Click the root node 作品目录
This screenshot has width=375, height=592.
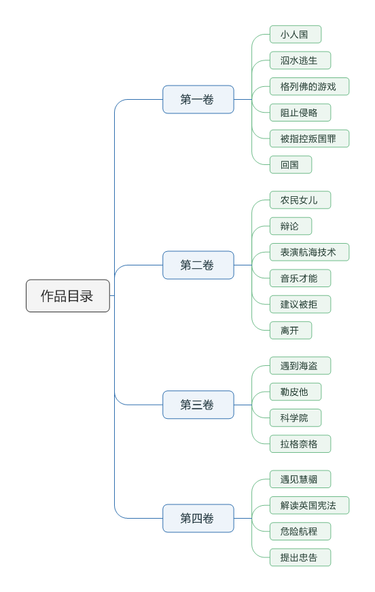click(67, 296)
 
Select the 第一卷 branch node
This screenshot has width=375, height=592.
click(198, 100)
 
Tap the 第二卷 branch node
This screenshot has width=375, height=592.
click(198, 265)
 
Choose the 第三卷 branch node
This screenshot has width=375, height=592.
click(198, 405)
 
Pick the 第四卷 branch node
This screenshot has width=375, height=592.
click(198, 519)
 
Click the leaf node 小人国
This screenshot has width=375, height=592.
click(295, 35)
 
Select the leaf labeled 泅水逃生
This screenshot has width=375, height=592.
click(300, 60)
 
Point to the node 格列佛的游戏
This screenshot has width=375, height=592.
click(308, 87)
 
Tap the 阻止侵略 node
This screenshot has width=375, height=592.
click(300, 113)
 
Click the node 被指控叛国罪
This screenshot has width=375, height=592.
click(308, 139)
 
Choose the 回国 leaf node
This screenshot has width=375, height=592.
click(290, 165)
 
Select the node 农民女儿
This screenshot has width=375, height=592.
click(300, 200)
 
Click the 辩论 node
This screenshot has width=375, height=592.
click(290, 226)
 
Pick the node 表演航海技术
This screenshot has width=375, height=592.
click(308, 253)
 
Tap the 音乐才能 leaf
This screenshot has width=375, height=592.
click(300, 278)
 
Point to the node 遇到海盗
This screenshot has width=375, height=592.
click(300, 366)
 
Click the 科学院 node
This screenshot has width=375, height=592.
click(295, 418)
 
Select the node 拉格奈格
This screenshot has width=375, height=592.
click(300, 444)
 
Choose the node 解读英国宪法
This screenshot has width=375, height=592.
click(308, 506)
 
